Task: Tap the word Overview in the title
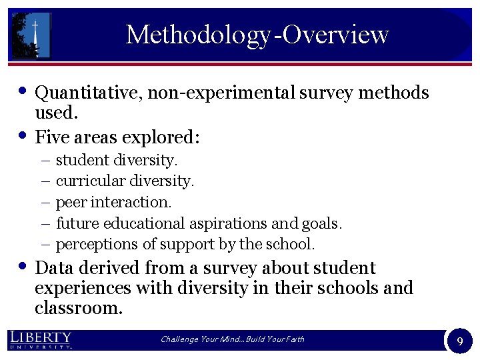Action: (x=335, y=34)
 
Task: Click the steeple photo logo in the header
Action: (x=31, y=35)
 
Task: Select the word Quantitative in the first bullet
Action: (x=87, y=93)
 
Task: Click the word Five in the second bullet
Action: (x=49, y=137)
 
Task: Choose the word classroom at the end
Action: (x=79, y=307)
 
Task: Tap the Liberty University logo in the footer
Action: (x=41, y=339)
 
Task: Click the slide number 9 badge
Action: (x=459, y=341)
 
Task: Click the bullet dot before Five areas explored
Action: (x=23, y=135)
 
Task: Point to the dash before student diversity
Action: (x=45, y=160)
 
